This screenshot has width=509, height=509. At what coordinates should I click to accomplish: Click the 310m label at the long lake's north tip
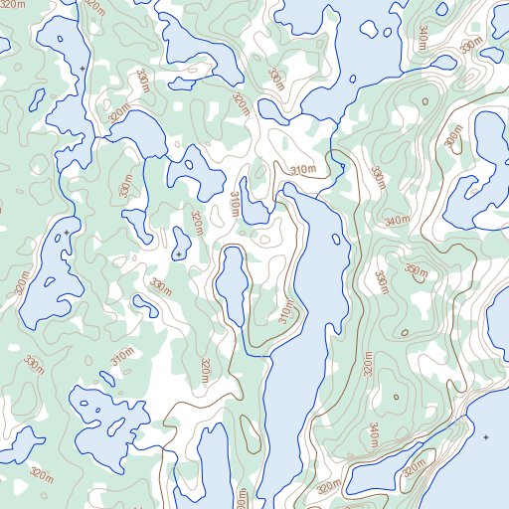point(302,171)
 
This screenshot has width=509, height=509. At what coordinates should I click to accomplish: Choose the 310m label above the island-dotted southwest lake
point(122,355)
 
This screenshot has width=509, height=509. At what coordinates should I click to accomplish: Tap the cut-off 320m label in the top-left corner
point(95,6)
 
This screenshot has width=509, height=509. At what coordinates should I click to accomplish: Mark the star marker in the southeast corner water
point(486,437)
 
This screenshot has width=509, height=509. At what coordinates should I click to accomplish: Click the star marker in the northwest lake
point(82,69)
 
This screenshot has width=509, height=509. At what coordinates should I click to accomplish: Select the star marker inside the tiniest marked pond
point(179,255)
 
